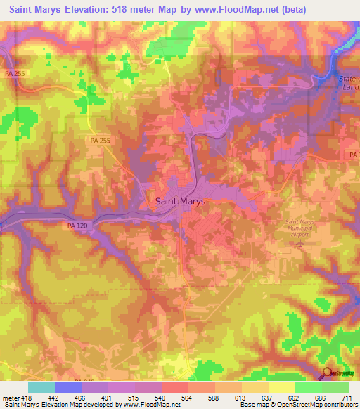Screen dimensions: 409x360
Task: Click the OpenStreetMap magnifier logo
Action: coord(326,372)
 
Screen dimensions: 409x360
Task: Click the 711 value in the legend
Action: coord(347,398)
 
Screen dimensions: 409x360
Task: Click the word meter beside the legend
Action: coord(10,398)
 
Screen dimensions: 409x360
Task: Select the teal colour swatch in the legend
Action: coord(41,387)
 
